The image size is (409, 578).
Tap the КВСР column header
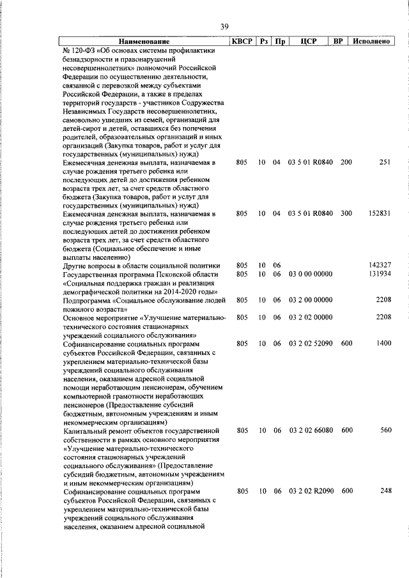point(242,42)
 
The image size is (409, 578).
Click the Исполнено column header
point(371,42)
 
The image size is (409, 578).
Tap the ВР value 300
point(346,213)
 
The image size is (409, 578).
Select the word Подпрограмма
point(88,300)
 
